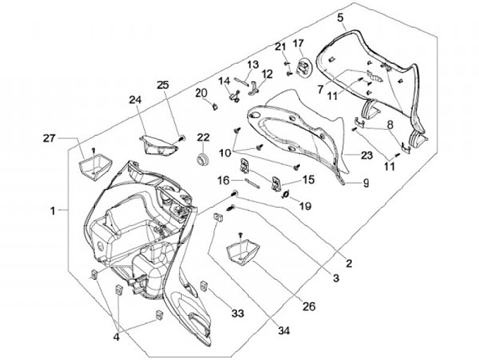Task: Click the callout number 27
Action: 47,138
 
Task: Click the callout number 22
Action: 202,138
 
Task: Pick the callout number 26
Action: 309,307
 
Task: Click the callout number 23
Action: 367,156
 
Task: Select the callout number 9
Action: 365,182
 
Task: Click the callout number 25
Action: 163,85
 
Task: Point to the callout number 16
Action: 224,180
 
